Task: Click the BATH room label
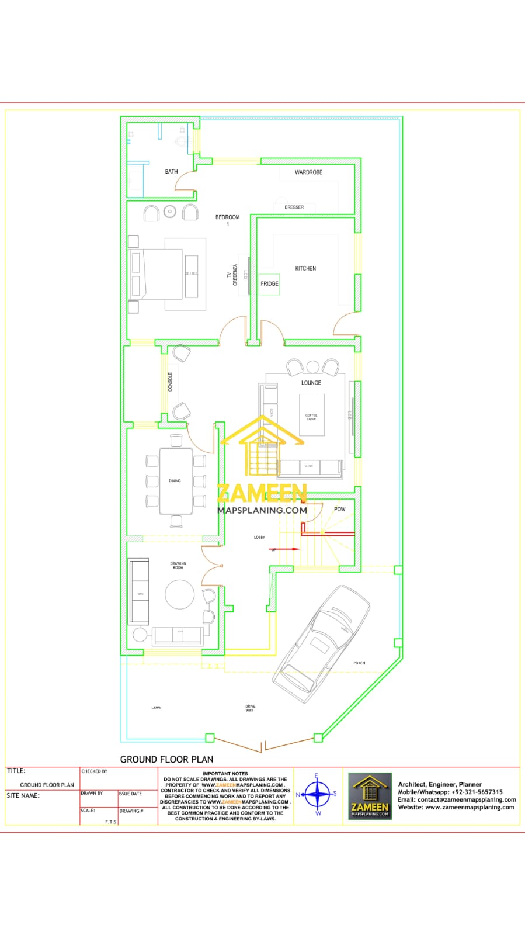[171, 172]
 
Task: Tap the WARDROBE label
[308, 172]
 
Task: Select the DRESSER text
[294, 207]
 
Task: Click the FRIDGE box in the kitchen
[269, 284]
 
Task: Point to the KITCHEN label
[305, 269]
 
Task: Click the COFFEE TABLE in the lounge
[311, 415]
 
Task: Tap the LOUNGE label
[311, 383]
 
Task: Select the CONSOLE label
[171, 382]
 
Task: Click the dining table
[176, 481]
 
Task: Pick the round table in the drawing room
[179, 594]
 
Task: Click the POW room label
[339, 509]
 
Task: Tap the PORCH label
[359, 663]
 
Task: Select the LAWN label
[157, 708]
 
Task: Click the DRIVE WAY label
[250, 708]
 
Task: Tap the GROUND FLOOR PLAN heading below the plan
[166, 759]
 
